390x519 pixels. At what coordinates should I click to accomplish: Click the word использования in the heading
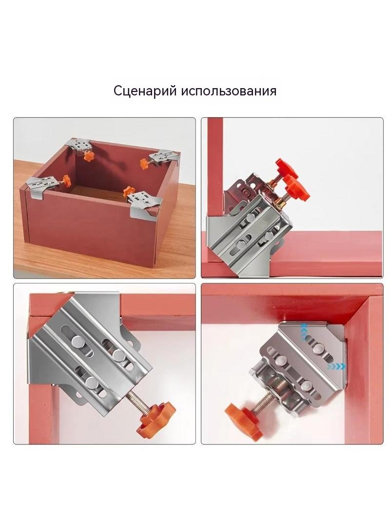229,91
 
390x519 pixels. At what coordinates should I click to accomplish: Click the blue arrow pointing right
336,367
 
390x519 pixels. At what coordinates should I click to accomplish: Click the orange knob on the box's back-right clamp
145,163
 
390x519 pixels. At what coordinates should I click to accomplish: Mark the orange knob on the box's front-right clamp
128,191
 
